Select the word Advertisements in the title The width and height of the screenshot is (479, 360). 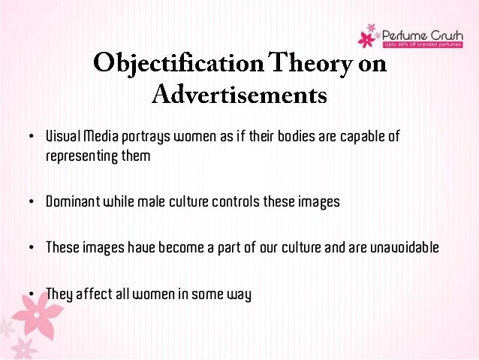[240, 95]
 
